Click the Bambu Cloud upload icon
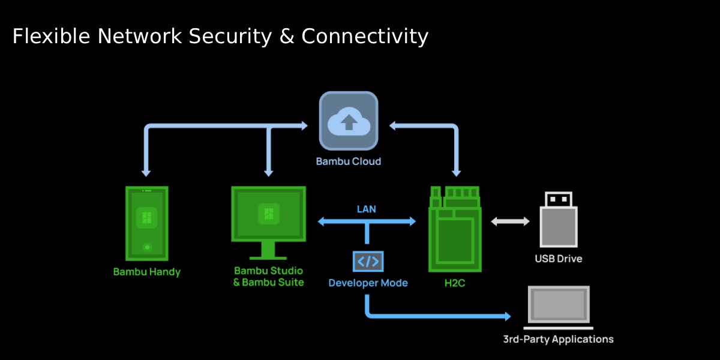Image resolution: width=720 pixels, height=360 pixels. coord(349,121)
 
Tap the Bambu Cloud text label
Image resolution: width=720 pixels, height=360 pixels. coord(349,161)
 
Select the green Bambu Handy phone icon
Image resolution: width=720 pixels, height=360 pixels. coord(146,223)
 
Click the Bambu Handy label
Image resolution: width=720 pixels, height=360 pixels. coord(146,272)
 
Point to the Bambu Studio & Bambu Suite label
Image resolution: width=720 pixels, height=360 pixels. coord(268,277)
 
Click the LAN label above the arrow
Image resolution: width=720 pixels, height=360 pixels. coord(367,209)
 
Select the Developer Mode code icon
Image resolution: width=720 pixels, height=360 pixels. coord(368,261)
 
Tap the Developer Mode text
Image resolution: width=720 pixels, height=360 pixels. coord(368,283)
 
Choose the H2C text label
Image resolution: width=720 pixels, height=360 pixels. coord(455,283)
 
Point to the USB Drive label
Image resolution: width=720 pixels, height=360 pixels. coord(559,259)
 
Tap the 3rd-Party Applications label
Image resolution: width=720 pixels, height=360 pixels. coord(558,340)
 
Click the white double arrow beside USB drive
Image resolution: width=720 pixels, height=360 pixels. coord(511,221)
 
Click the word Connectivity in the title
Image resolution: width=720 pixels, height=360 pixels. coord(365,37)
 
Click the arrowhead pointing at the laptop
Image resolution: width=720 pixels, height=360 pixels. coord(508,316)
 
